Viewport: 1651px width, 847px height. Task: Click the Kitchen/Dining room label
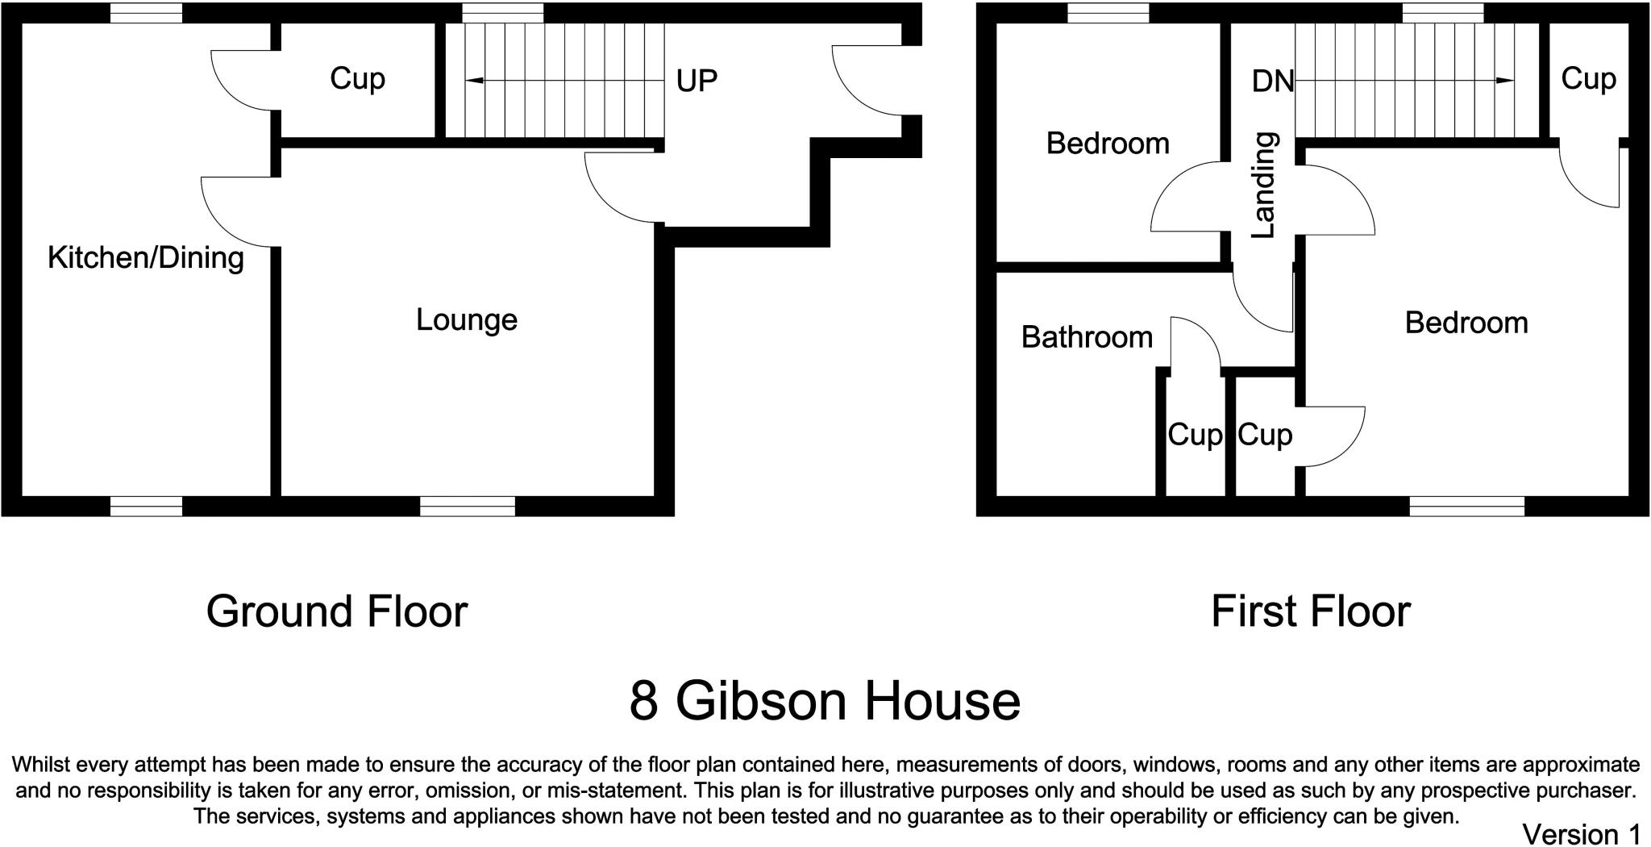click(x=146, y=258)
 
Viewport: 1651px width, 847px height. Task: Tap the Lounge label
click(x=467, y=320)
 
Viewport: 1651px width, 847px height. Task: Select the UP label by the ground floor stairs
click(x=697, y=81)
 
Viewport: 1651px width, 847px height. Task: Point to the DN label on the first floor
click(x=1273, y=81)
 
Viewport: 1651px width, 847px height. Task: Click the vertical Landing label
click(x=1264, y=185)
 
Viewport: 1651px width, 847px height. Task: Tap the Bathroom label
click(x=1087, y=337)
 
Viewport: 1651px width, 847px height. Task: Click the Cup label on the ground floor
click(x=357, y=79)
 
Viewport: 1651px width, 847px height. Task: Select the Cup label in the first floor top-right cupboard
click(x=1588, y=79)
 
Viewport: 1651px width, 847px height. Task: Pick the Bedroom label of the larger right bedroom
click(x=1466, y=323)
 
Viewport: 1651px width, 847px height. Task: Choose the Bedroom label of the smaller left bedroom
click(x=1108, y=144)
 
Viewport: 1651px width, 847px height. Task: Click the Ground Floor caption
click(x=337, y=611)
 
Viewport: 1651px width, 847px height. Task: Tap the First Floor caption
click(x=1311, y=611)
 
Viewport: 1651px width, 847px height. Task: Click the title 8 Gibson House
click(x=825, y=700)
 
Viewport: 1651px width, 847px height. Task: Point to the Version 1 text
click(x=1581, y=833)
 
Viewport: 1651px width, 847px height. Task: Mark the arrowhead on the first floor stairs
click(x=1504, y=81)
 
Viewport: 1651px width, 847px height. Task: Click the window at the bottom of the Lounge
click(x=468, y=507)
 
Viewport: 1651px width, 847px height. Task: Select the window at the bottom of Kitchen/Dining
click(x=146, y=507)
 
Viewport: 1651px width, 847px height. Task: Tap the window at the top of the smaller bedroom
click(x=1108, y=13)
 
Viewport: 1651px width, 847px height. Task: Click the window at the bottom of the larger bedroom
click(x=1467, y=507)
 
